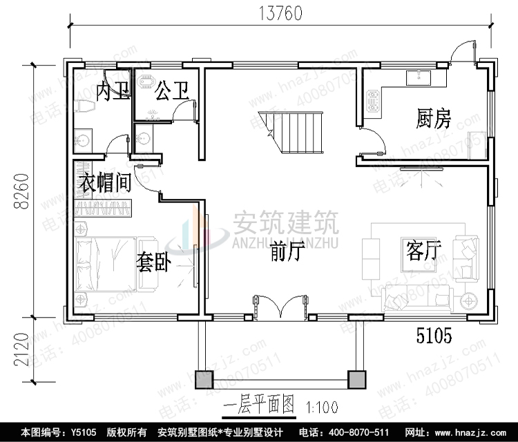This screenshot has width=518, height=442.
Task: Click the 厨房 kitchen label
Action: (434, 120)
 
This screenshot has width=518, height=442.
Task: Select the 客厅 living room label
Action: (423, 251)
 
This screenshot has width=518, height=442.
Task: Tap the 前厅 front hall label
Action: (287, 253)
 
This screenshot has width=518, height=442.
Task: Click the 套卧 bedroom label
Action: (153, 263)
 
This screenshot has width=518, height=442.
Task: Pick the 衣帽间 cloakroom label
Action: (104, 184)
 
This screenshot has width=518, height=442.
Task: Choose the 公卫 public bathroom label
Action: (172, 90)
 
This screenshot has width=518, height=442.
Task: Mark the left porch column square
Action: (205, 378)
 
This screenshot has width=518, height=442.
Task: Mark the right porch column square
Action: (357, 378)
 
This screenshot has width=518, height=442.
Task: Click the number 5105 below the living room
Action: (433, 337)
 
